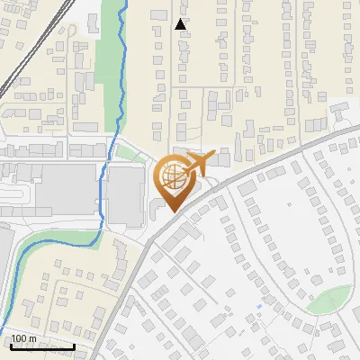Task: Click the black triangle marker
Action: pos(181,24)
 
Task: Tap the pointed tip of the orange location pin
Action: pos(172,212)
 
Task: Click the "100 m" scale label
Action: pos(24,338)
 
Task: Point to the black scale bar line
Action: pos(41,346)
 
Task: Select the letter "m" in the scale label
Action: pos(32,338)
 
